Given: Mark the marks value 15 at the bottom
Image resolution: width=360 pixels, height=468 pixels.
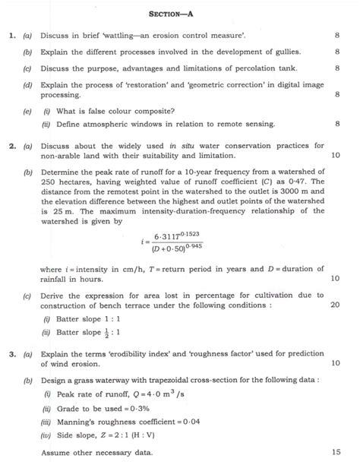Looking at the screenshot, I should click(x=334, y=454).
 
